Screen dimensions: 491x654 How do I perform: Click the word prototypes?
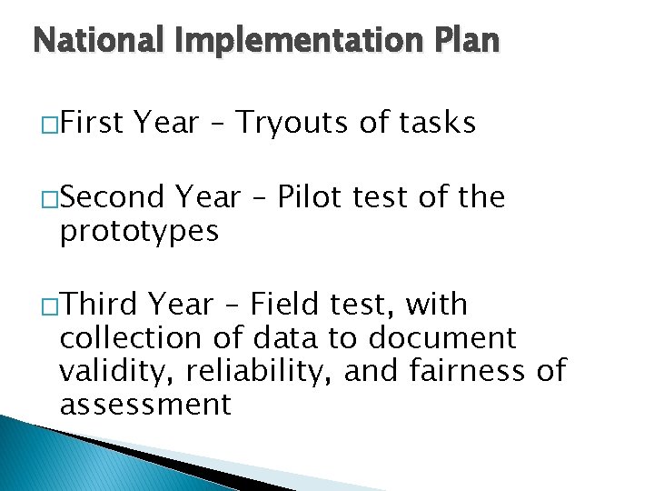point(139,231)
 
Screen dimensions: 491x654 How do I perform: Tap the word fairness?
point(464,371)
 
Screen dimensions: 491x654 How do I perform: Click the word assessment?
point(145,405)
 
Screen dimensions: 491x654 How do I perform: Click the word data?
point(286,337)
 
